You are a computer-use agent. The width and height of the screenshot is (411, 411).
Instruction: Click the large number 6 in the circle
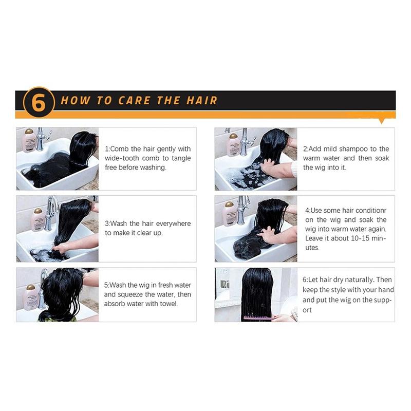39,102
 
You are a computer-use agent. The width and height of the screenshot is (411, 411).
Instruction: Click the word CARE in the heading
135,100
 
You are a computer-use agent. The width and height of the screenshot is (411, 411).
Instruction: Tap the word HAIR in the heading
201,100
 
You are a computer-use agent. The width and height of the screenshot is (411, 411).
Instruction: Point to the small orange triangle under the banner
382,121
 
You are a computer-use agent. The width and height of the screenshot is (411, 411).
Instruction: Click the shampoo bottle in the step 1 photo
29,140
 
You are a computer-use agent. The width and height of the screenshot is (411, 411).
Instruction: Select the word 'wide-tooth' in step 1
122,158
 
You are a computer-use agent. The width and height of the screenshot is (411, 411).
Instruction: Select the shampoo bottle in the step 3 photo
38,220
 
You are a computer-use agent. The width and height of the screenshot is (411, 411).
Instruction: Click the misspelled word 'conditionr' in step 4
371,211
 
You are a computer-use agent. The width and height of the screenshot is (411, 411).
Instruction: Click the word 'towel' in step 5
170,304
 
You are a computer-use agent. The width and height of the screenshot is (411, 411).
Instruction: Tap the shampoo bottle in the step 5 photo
30,297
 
